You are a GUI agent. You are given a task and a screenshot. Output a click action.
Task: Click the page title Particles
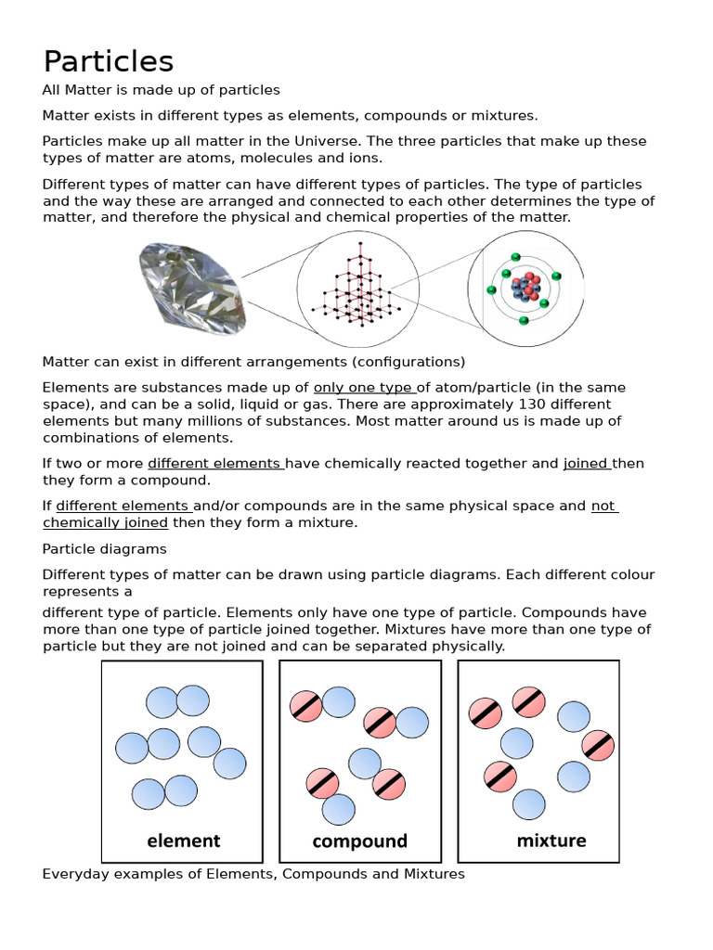[x=109, y=61]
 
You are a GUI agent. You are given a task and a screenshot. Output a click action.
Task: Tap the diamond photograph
[x=193, y=287]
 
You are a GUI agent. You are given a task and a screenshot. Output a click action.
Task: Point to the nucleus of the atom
[x=525, y=286]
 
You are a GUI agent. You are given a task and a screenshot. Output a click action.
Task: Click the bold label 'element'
[x=183, y=841]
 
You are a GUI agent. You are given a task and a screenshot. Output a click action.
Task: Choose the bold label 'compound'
[x=359, y=841]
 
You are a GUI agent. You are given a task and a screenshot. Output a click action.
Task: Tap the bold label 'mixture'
[x=551, y=841]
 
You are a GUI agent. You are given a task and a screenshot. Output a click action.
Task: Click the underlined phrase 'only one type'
[x=363, y=388]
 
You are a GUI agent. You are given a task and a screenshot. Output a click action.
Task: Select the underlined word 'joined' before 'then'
[x=586, y=464]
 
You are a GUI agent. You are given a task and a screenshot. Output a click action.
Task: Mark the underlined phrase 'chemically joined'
[x=105, y=523]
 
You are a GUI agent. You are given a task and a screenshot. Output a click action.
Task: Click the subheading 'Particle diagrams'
[x=105, y=549]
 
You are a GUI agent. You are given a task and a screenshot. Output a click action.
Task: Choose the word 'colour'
[x=629, y=575]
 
